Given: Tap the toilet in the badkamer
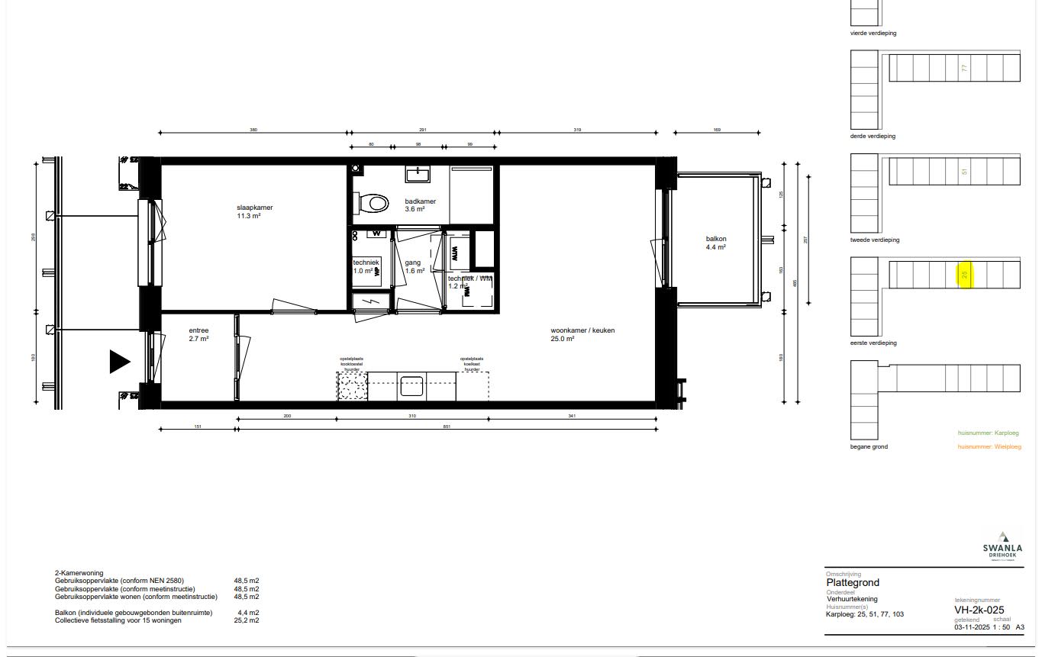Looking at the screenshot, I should [x=372, y=203].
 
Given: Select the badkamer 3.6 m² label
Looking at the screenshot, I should [x=420, y=205].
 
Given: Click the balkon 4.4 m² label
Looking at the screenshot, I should [x=715, y=243].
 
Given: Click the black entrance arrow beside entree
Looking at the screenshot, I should [x=119, y=362].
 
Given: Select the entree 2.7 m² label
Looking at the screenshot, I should [x=198, y=334].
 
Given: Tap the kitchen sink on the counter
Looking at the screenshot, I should [x=411, y=386].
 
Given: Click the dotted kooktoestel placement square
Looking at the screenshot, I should [x=352, y=386].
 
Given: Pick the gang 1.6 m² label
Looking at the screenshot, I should [x=414, y=266].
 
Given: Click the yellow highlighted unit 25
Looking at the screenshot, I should [x=964, y=274].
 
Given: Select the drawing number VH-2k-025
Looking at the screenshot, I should [x=979, y=610].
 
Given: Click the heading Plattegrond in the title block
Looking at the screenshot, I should [x=852, y=583].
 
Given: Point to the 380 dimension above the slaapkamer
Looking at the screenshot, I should [x=253, y=130].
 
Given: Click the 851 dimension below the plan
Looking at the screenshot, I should [x=447, y=427].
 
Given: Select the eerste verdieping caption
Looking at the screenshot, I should [x=873, y=343].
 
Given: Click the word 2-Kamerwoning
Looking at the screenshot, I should [x=79, y=573].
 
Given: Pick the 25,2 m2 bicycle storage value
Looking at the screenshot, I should [x=246, y=620].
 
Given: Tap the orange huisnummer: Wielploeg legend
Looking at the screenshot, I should [x=989, y=446].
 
